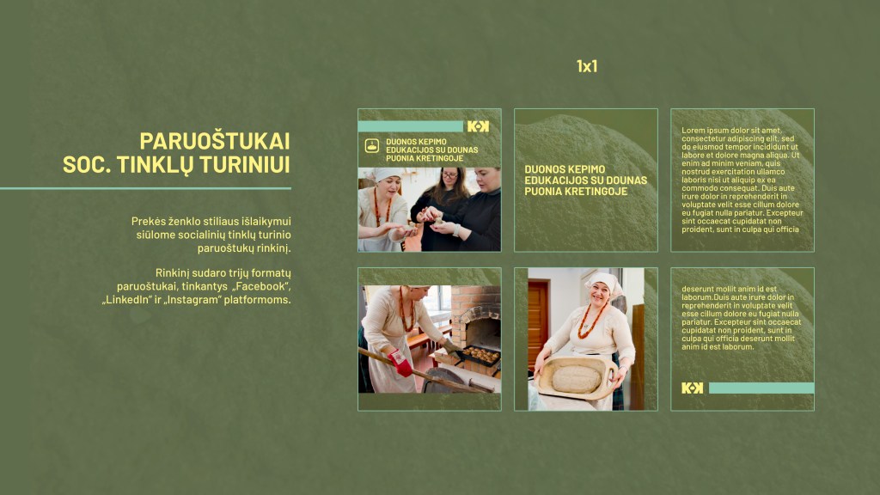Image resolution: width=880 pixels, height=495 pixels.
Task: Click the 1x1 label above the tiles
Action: [x=586, y=66]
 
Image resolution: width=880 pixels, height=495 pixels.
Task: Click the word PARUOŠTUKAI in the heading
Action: [x=215, y=141]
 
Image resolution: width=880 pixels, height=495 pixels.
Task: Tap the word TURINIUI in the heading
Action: [x=245, y=164]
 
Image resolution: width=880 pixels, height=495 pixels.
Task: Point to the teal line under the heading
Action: [x=145, y=188]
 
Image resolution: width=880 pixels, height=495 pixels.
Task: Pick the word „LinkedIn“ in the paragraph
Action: [x=127, y=300]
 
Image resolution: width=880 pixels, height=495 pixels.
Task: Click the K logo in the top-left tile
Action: [x=478, y=126]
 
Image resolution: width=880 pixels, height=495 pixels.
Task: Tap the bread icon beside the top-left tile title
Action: [x=372, y=146]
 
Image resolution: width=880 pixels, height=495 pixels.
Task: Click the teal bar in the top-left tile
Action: [x=410, y=126]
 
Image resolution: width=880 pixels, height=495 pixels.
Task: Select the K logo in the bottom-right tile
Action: [x=692, y=388]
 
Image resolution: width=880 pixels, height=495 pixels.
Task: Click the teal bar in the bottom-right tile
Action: [x=761, y=388]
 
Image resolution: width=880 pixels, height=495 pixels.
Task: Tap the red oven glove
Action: [x=400, y=364]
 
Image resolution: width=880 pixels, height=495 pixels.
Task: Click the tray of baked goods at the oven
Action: [x=479, y=355]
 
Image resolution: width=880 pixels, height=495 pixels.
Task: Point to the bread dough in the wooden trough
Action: [x=577, y=379]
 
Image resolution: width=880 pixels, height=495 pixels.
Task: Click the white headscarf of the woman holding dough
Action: [x=604, y=282]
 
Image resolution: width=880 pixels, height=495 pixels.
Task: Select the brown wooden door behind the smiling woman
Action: [x=538, y=324]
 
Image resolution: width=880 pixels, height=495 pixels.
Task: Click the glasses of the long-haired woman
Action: [x=449, y=175]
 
